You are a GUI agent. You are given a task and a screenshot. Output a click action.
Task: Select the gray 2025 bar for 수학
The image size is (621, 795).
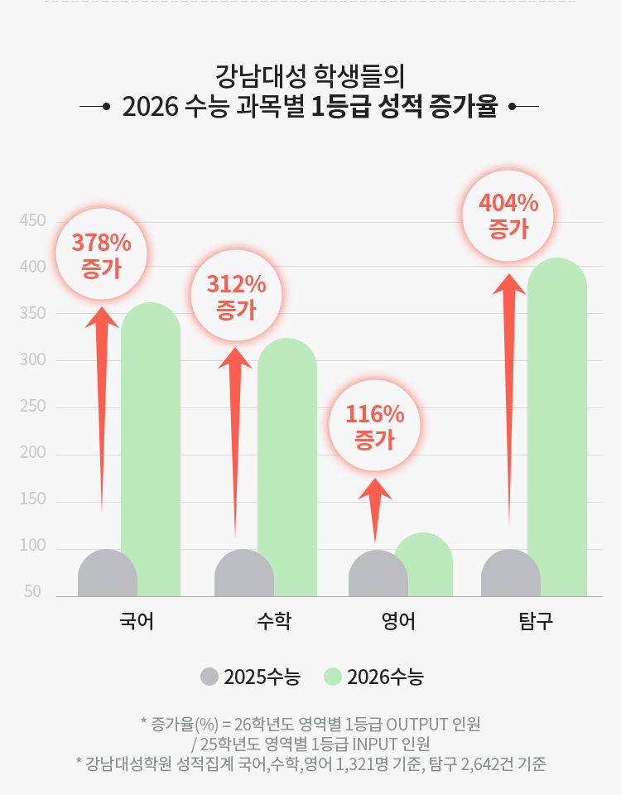click(243, 573)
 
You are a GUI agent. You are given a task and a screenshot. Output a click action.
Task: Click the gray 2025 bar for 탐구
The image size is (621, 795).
click(510, 573)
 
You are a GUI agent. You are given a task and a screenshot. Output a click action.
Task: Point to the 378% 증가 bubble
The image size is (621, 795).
click(101, 254)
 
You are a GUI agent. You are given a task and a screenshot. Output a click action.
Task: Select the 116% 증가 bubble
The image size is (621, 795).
click(374, 426)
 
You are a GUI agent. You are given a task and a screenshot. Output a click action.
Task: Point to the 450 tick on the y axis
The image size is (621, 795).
click(32, 221)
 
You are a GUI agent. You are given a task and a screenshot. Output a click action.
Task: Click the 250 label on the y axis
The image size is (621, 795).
click(32, 407)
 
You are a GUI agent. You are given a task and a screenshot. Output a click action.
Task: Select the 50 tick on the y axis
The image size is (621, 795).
click(32, 592)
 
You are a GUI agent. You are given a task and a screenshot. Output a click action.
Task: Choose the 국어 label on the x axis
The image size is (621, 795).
click(136, 621)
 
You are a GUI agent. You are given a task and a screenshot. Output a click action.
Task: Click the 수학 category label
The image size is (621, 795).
click(273, 621)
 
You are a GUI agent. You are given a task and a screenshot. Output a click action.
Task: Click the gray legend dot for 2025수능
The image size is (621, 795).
click(209, 677)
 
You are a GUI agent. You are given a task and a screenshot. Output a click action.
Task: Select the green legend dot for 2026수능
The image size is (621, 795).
click(333, 677)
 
